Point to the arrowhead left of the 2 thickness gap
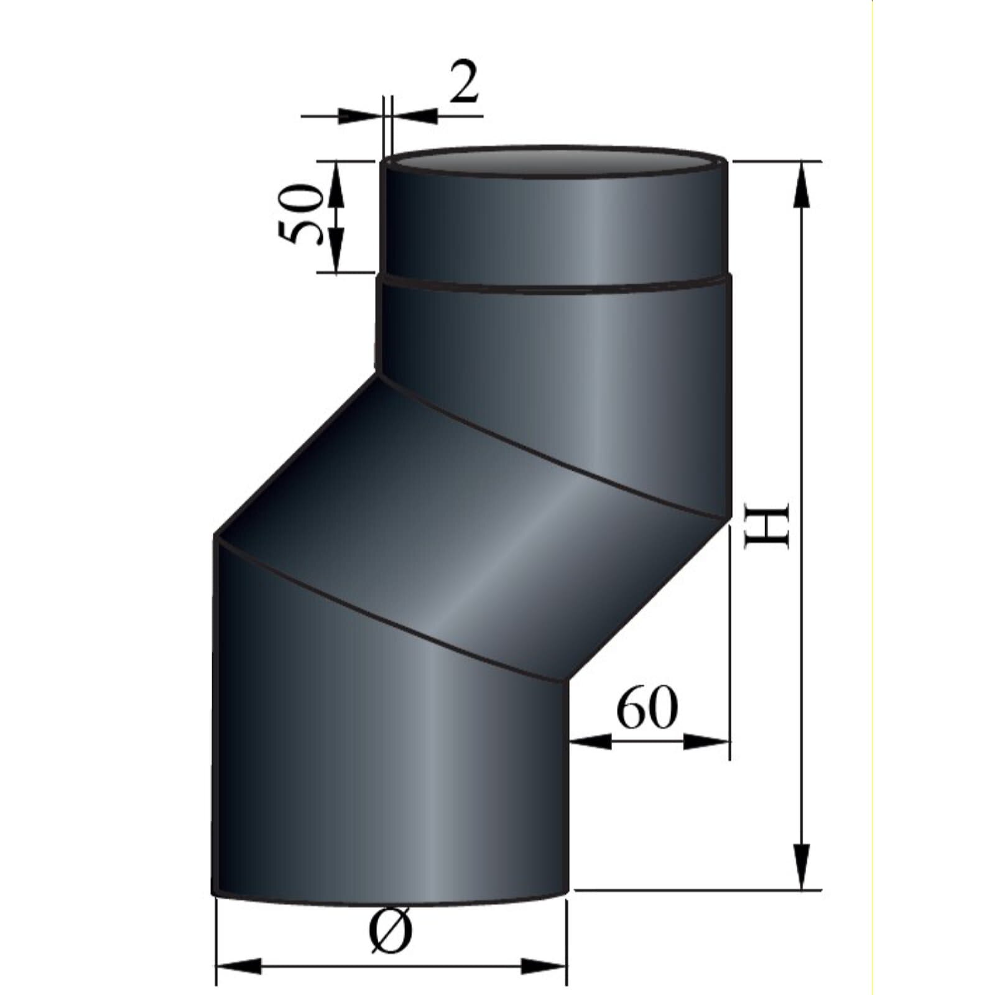(x=358, y=116)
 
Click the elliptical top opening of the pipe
(x=553, y=161)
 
